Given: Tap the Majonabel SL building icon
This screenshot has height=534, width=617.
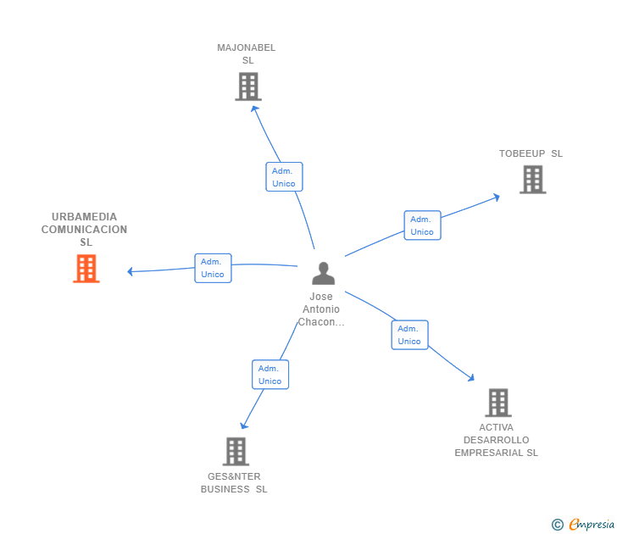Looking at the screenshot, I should (x=247, y=86).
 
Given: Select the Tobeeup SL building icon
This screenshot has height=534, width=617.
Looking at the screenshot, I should (x=532, y=179).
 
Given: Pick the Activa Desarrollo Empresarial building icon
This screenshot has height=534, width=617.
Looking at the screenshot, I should (x=497, y=403).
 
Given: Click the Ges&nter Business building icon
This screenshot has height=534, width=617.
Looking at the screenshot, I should (x=236, y=451).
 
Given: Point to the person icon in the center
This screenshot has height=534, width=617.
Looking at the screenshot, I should (x=323, y=273).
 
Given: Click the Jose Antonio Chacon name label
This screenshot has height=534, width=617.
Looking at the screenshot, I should (x=321, y=309).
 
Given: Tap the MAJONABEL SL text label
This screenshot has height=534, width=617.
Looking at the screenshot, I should (x=247, y=53).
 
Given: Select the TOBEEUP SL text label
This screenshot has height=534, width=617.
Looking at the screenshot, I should (x=531, y=153).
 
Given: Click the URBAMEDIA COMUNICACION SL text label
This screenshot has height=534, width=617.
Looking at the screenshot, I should (x=85, y=230).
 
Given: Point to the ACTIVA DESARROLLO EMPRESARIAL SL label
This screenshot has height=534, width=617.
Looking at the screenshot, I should (x=496, y=440).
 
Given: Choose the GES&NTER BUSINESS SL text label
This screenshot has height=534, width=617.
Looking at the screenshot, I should (x=234, y=482).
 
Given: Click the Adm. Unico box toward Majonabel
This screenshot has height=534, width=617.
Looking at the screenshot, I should (x=284, y=177).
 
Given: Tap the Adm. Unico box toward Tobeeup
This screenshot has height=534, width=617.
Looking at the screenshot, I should (x=422, y=225).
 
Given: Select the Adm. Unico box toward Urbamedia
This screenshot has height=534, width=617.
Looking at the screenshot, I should (x=213, y=268).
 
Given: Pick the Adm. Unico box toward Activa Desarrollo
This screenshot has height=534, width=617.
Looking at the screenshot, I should (x=409, y=335).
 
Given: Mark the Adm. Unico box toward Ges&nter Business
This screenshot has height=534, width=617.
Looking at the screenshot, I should (x=270, y=375).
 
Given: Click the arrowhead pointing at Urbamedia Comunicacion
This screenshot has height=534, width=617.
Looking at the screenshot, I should (x=131, y=272).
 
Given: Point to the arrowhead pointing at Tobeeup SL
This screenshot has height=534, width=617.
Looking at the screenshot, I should (x=496, y=197).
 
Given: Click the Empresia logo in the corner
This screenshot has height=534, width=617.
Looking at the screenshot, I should (x=582, y=525).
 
